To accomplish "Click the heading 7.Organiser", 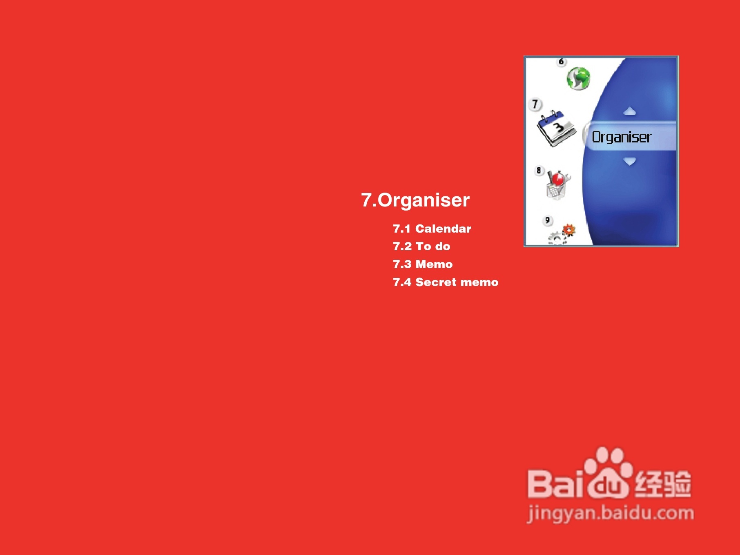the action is tap(415, 200).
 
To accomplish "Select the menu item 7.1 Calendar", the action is tap(432, 229).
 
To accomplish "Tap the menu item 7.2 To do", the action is tap(421, 246).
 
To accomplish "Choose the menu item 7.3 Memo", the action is tap(423, 264).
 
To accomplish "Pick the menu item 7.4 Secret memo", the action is tap(446, 282).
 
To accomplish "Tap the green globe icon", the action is tap(578, 79).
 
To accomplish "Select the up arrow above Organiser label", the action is tap(630, 111).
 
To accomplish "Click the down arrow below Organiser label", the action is tap(630, 162).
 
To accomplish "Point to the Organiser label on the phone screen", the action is tap(622, 137).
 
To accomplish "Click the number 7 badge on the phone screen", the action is tap(535, 104).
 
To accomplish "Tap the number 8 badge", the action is tap(539, 170).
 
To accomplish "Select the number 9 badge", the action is tap(547, 221).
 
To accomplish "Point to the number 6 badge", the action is tap(561, 62).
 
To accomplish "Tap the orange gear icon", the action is tap(568, 230).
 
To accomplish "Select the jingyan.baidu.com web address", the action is tap(611, 513).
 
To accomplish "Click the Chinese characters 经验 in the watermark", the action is tap(662, 484).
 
